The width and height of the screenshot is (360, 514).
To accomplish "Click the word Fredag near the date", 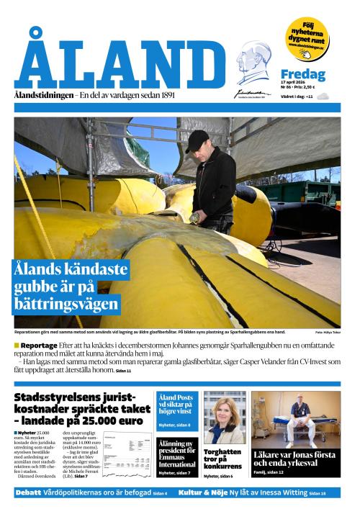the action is pos(302,75).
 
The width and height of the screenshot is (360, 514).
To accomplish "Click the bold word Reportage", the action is pos(40,346).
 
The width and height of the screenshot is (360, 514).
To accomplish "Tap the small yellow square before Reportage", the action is pos(17,346).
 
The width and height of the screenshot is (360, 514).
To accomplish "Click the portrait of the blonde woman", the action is pos(225,418).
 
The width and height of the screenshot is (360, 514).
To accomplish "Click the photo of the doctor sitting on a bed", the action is pos(295,418).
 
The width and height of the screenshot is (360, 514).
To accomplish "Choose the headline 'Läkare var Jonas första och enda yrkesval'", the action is pos(294,460).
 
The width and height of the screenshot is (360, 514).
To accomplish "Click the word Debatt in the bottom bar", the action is pos(28,492).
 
